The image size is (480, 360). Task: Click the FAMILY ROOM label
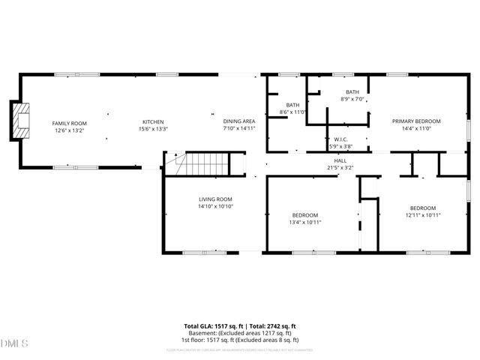70,122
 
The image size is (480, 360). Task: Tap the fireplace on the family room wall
20,121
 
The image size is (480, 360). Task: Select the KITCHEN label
154,122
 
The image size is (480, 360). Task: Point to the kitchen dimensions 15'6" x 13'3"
154,130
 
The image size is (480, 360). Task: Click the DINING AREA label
239,121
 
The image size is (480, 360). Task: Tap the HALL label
340,160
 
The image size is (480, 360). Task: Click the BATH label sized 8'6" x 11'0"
293,105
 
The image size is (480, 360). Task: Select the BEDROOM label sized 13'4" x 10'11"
306,214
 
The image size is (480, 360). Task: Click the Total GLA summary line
240,326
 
